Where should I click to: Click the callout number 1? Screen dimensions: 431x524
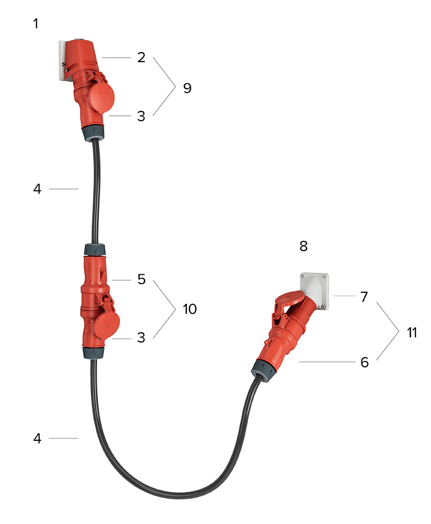pyautogui.click(x=36, y=24)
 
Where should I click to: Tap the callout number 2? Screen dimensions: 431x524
pyautogui.click(x=142, y=58)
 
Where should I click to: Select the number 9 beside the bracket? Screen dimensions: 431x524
pyautogui.click(x=188, y=88)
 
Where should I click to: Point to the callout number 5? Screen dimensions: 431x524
pyautogui.click(x=142, y=279)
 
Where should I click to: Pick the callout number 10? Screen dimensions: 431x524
pyautogui.click(x=190, y=309)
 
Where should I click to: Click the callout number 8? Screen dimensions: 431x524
pyautogui.click(x=303, y=246)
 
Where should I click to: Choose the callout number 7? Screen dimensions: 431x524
pyautogui.click(x=364, y=297)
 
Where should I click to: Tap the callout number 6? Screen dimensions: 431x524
pyautogui.click(x=364, y=362)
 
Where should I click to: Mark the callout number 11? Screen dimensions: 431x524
pyautogui.click(x=412, y=332)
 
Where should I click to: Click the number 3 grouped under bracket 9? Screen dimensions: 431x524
pyautogui.click(x=141, y=116)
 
